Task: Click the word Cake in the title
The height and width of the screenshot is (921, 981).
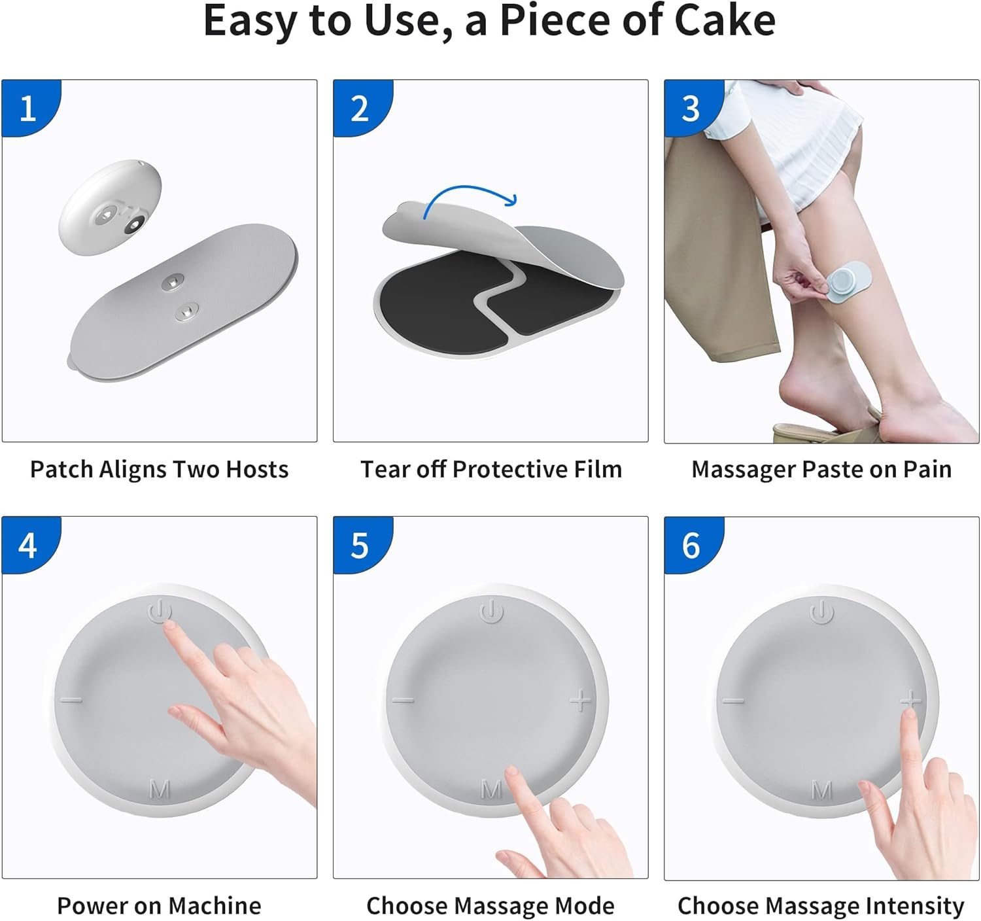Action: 724,21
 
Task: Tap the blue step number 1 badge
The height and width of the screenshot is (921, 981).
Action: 31,108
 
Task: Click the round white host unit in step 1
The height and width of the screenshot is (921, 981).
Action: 110,207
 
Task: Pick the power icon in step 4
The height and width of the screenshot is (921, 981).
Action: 160,611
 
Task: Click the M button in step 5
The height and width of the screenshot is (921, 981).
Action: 491,790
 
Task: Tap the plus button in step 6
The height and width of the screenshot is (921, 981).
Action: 910,700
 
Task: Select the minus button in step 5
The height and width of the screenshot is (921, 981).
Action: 403,700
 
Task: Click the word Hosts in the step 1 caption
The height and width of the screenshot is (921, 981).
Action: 257,470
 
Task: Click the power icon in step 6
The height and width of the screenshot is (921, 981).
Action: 821,611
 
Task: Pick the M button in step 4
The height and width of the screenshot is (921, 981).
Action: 160,790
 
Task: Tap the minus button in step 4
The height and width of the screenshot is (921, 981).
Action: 71,700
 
